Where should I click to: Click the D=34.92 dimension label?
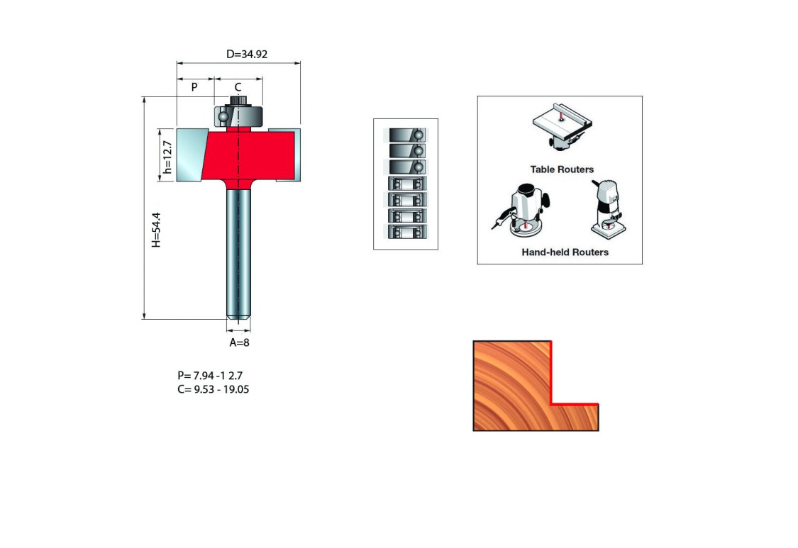click(247, 54)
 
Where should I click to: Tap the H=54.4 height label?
click(156, 230)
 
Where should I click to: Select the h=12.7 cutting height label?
click(167, 157)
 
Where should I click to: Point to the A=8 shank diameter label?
click(239, 342)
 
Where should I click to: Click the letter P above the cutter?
click(194, 87)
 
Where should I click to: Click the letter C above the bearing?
click(238, 87)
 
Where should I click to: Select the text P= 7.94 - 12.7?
click(210, 376)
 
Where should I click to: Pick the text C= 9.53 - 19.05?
click(214, 389)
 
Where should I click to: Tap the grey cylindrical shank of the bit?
click(238, 252)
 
